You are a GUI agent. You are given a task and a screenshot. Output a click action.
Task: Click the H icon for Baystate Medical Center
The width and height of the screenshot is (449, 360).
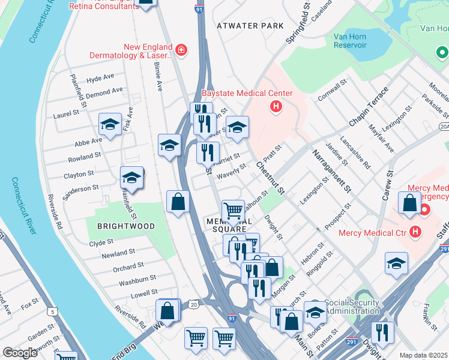click(276, 107)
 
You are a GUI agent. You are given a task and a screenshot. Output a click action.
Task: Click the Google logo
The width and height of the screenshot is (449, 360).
click(20, 353)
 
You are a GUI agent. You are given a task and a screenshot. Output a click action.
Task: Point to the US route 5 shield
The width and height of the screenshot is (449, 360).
click(52, 311)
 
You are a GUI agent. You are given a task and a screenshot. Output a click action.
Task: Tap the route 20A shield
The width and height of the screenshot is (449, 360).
click(444, 127)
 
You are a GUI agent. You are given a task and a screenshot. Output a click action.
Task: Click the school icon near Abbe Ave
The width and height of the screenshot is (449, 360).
click(110, 124)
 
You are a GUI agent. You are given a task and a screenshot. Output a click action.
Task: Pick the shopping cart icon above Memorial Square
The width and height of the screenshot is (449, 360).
click(233, 211)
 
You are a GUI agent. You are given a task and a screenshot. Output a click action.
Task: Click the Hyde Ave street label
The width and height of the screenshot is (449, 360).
click(100, 79)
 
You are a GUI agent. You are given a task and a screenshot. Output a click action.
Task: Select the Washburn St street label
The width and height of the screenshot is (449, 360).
click(137, 279)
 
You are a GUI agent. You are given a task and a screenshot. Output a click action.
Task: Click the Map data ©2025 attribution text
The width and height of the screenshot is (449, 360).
click(424, 355)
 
